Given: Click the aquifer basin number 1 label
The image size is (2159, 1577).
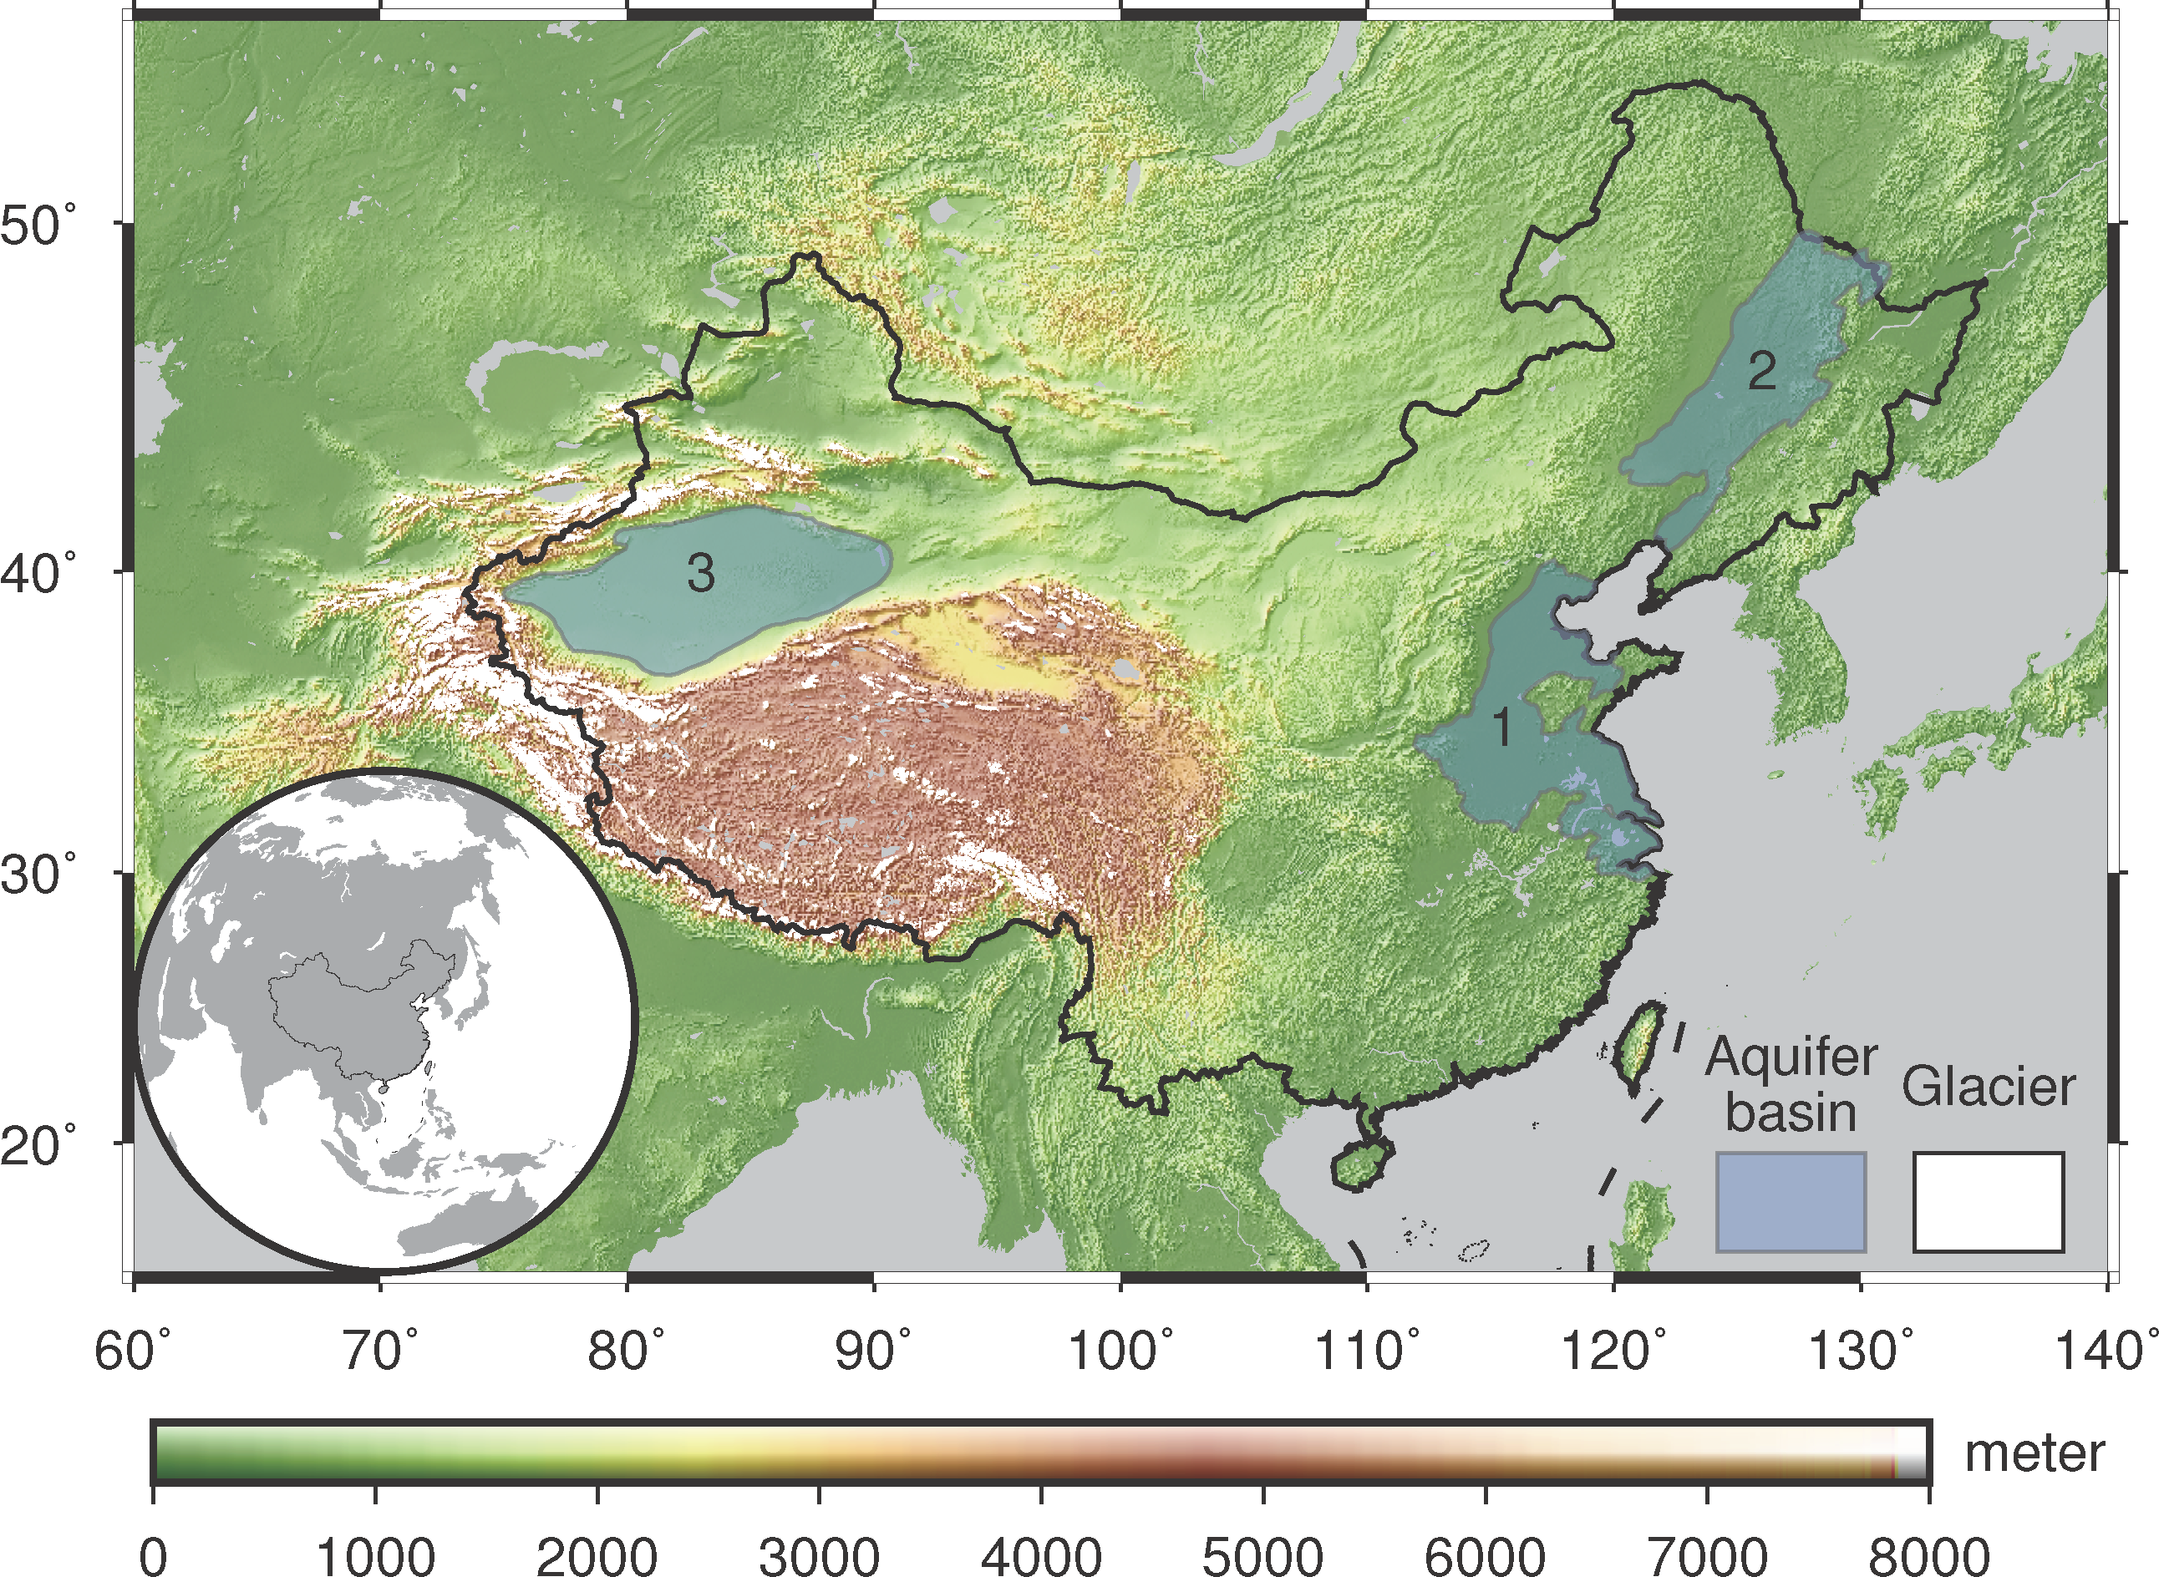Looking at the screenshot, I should tap(1502, 728).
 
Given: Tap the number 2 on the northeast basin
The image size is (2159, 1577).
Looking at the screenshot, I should tap(1762, 370).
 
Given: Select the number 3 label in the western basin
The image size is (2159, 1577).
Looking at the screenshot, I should tap(701, 573).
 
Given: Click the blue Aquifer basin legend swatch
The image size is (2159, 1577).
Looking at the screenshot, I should tap(1791, 1202).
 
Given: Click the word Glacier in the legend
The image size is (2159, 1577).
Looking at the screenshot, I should tap(1988, 1088).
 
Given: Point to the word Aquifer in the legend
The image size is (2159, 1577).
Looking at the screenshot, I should tap(1791, 1057).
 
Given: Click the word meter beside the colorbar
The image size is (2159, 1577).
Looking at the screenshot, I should tap(2034, 1454).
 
